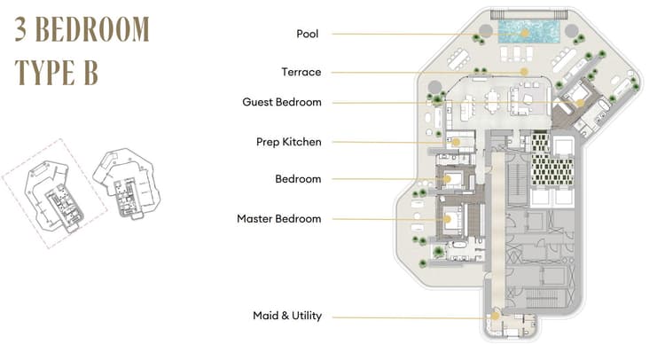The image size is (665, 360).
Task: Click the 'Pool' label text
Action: [x=308, y=34]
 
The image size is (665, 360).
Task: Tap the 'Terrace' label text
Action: [x=301, y=72]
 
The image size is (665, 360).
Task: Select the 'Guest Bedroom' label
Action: [x=281, y=102]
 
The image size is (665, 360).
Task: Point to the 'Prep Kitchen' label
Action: [x=288, y=141]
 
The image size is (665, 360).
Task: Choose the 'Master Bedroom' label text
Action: [x=278, y=218]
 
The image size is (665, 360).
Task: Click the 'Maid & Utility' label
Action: [x=286, y=316]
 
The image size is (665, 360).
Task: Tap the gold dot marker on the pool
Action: [x=525, y=34]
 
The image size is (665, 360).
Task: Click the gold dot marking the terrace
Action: [x=525, y=72]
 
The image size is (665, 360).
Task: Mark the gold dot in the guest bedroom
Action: [x=581, y=102]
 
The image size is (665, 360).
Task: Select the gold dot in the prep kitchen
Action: [x=456, y=141]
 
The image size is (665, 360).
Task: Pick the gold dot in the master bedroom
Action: [x=448, y=218]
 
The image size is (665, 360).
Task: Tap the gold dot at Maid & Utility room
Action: [x=496, y=316]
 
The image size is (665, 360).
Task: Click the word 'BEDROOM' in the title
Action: [x=93, y=30]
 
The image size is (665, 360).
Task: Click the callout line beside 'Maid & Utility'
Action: [x=408, y=317]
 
